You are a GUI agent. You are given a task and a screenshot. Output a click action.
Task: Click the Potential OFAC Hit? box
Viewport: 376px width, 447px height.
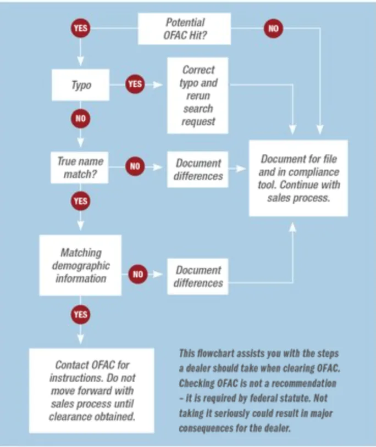[x=184, y=29]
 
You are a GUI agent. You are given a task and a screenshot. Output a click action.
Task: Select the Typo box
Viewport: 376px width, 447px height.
[x=80, y=85]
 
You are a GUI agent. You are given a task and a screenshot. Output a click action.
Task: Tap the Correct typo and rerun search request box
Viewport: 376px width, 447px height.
[x=198, y=96]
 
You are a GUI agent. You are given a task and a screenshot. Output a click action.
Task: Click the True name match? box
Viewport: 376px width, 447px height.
[x=79, y=167]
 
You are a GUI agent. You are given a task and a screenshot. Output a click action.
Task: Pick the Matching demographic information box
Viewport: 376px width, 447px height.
[x=80, y=265]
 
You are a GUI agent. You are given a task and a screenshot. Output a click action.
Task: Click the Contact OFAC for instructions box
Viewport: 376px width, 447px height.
[x=92, y=390]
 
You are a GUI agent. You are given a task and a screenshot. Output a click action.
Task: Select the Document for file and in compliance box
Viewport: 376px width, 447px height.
[x=298, y=178]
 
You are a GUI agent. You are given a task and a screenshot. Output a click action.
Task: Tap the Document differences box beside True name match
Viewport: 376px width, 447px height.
[x=198, y=169]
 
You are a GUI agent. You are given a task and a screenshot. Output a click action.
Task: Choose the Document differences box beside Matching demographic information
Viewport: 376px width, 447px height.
[x=198, y=277]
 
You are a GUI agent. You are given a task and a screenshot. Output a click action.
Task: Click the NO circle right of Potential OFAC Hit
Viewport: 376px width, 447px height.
[x=273, y=28]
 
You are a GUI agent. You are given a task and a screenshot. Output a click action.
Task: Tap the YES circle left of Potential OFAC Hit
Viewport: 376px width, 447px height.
[x=80, y=28]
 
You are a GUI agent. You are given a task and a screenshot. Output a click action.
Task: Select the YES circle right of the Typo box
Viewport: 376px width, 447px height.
[x=135, y=84]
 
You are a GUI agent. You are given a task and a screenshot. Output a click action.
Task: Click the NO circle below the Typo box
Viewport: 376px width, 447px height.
[x=80, y=118]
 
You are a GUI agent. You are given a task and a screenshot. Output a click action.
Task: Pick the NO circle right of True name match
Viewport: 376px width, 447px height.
[x=135, y=166]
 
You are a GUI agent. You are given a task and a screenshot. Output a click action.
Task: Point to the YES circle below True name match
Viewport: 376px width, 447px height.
[x=80, y=201]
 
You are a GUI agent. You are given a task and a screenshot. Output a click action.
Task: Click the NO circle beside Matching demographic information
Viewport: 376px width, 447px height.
[x=138, y=274]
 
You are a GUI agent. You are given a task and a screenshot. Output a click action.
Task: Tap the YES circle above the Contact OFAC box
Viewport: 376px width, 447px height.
[x=80, y=315]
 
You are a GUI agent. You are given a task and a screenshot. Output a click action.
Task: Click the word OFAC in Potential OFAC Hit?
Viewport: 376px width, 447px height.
[x=175, y=35]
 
